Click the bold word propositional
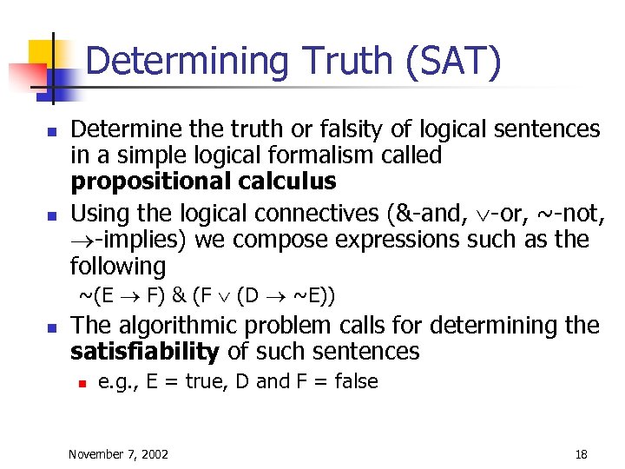click(x=150, y=182)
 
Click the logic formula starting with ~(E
click(x=207, y=295)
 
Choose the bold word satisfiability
click(x=144, y=352)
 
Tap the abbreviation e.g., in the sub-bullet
click(x=117, y=381)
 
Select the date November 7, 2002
click(x=119, y=453)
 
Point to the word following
click(x=117, y=266)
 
